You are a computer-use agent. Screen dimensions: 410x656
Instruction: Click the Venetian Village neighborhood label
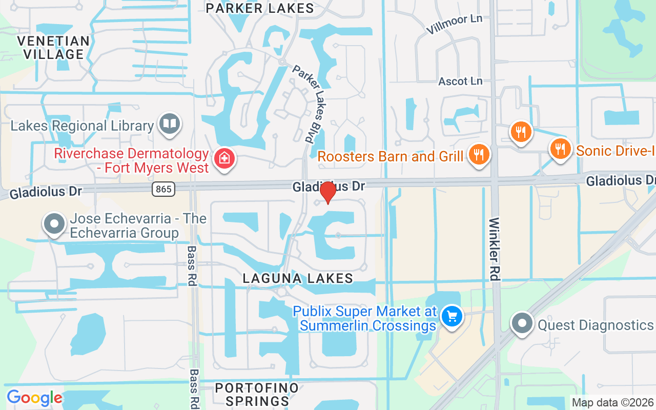[53, 47]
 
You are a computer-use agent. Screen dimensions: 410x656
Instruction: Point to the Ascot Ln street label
[460, 81]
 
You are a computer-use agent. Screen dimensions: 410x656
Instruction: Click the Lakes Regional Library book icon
[169, 124]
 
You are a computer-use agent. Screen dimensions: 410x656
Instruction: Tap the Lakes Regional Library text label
[82, 126]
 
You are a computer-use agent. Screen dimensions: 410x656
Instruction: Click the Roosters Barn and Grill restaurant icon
[479, 154]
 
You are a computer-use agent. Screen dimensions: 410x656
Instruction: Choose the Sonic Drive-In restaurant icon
[561, 149]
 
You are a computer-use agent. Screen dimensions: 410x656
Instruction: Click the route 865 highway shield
[163, 189]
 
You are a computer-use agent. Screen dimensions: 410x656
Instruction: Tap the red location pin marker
[327, 193]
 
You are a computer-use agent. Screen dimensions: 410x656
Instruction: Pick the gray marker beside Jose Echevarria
[54, 224]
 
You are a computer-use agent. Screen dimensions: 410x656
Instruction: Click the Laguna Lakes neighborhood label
[298, 278]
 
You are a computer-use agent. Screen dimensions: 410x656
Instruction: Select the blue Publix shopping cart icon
[452, 316]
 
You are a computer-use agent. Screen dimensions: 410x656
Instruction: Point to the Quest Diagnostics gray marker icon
[522, 323]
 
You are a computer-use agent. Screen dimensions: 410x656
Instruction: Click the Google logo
[34, 398]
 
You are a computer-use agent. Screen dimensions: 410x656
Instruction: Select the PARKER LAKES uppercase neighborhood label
[260, 8]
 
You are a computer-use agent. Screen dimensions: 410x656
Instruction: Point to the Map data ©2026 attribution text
[612, 403]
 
